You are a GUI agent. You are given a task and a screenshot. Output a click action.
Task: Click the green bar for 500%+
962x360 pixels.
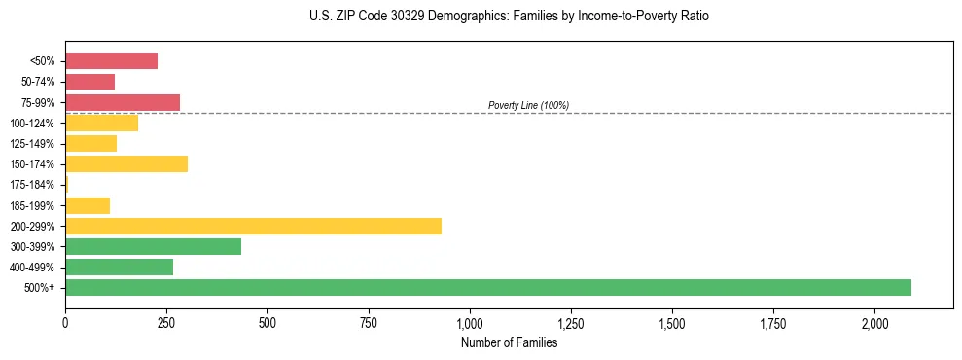[x=488, y=287]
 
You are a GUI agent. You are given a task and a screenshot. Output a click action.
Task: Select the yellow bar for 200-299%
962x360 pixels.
[x=253, y=226]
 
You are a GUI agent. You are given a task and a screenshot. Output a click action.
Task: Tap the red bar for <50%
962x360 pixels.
[x=111, y=61]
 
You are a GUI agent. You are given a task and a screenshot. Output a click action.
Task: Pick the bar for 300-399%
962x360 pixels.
[x=153, y=246]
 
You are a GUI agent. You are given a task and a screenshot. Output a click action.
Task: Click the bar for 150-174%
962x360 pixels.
[x=126, y=164]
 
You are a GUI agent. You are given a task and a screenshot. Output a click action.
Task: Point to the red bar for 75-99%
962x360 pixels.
[x=123, y=102]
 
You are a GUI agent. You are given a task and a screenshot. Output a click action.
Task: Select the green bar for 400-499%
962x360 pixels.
[x=119, y=267]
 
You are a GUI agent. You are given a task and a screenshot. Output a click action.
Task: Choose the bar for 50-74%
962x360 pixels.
[x=89, y=82]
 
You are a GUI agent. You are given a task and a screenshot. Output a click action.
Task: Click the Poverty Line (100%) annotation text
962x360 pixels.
[x=528, y=105]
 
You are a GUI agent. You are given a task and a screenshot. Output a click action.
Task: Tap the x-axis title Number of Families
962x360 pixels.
[x=509, y=342]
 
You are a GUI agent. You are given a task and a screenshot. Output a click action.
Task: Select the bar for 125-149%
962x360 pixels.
[x=90, y=144]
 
